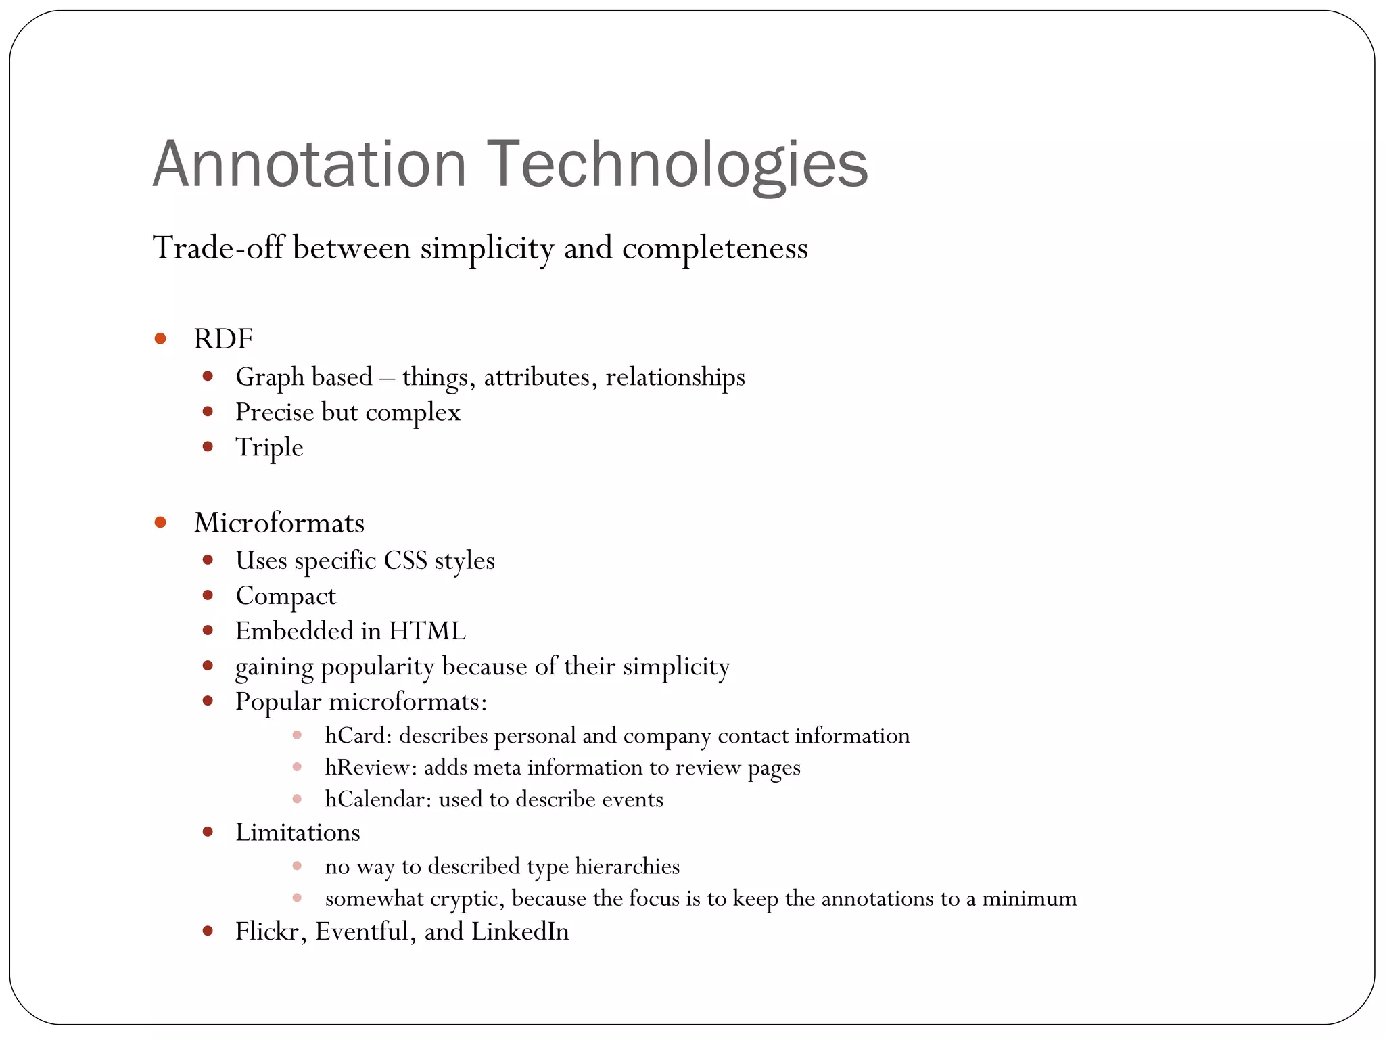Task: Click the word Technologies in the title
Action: pos(677,164)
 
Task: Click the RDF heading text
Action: pos(223,339)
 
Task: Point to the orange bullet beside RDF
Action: pos(160,338)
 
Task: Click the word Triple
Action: pos(269,448)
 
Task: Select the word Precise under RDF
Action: pos(274,412)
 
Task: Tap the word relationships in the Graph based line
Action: pos(675,377)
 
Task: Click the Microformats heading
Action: pos(279,523)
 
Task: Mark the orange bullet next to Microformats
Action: pos(160,522)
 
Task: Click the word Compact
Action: pos(285,597)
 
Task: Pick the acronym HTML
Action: pos(427,631)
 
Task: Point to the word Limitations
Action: pos(298,833)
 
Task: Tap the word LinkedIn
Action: pos(520,932)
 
